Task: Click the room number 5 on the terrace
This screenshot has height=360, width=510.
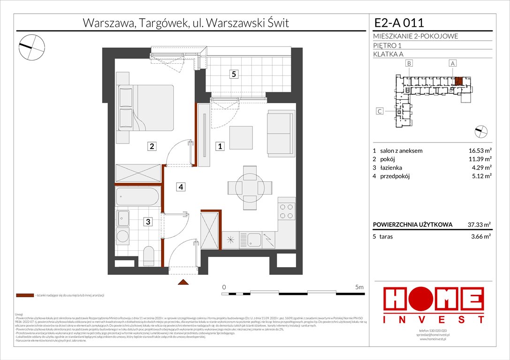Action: (234, 73)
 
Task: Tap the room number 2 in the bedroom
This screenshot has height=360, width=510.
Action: (152, 146)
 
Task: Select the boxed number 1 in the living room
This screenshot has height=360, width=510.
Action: (220, 146)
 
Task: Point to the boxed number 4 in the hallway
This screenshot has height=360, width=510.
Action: (181, 187)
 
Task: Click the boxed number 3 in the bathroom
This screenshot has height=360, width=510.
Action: (148, 222)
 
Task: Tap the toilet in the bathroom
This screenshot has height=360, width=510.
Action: (149, 255)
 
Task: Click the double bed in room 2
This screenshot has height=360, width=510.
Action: (146, 107)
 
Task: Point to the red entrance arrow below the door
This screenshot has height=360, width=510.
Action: (183, 282)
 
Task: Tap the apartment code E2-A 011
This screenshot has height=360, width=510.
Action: (399, 22)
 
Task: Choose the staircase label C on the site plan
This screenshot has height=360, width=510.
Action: (380, 111)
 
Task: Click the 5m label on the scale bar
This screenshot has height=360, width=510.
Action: (360, 286)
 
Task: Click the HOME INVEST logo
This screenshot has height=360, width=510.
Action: (434, 305)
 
